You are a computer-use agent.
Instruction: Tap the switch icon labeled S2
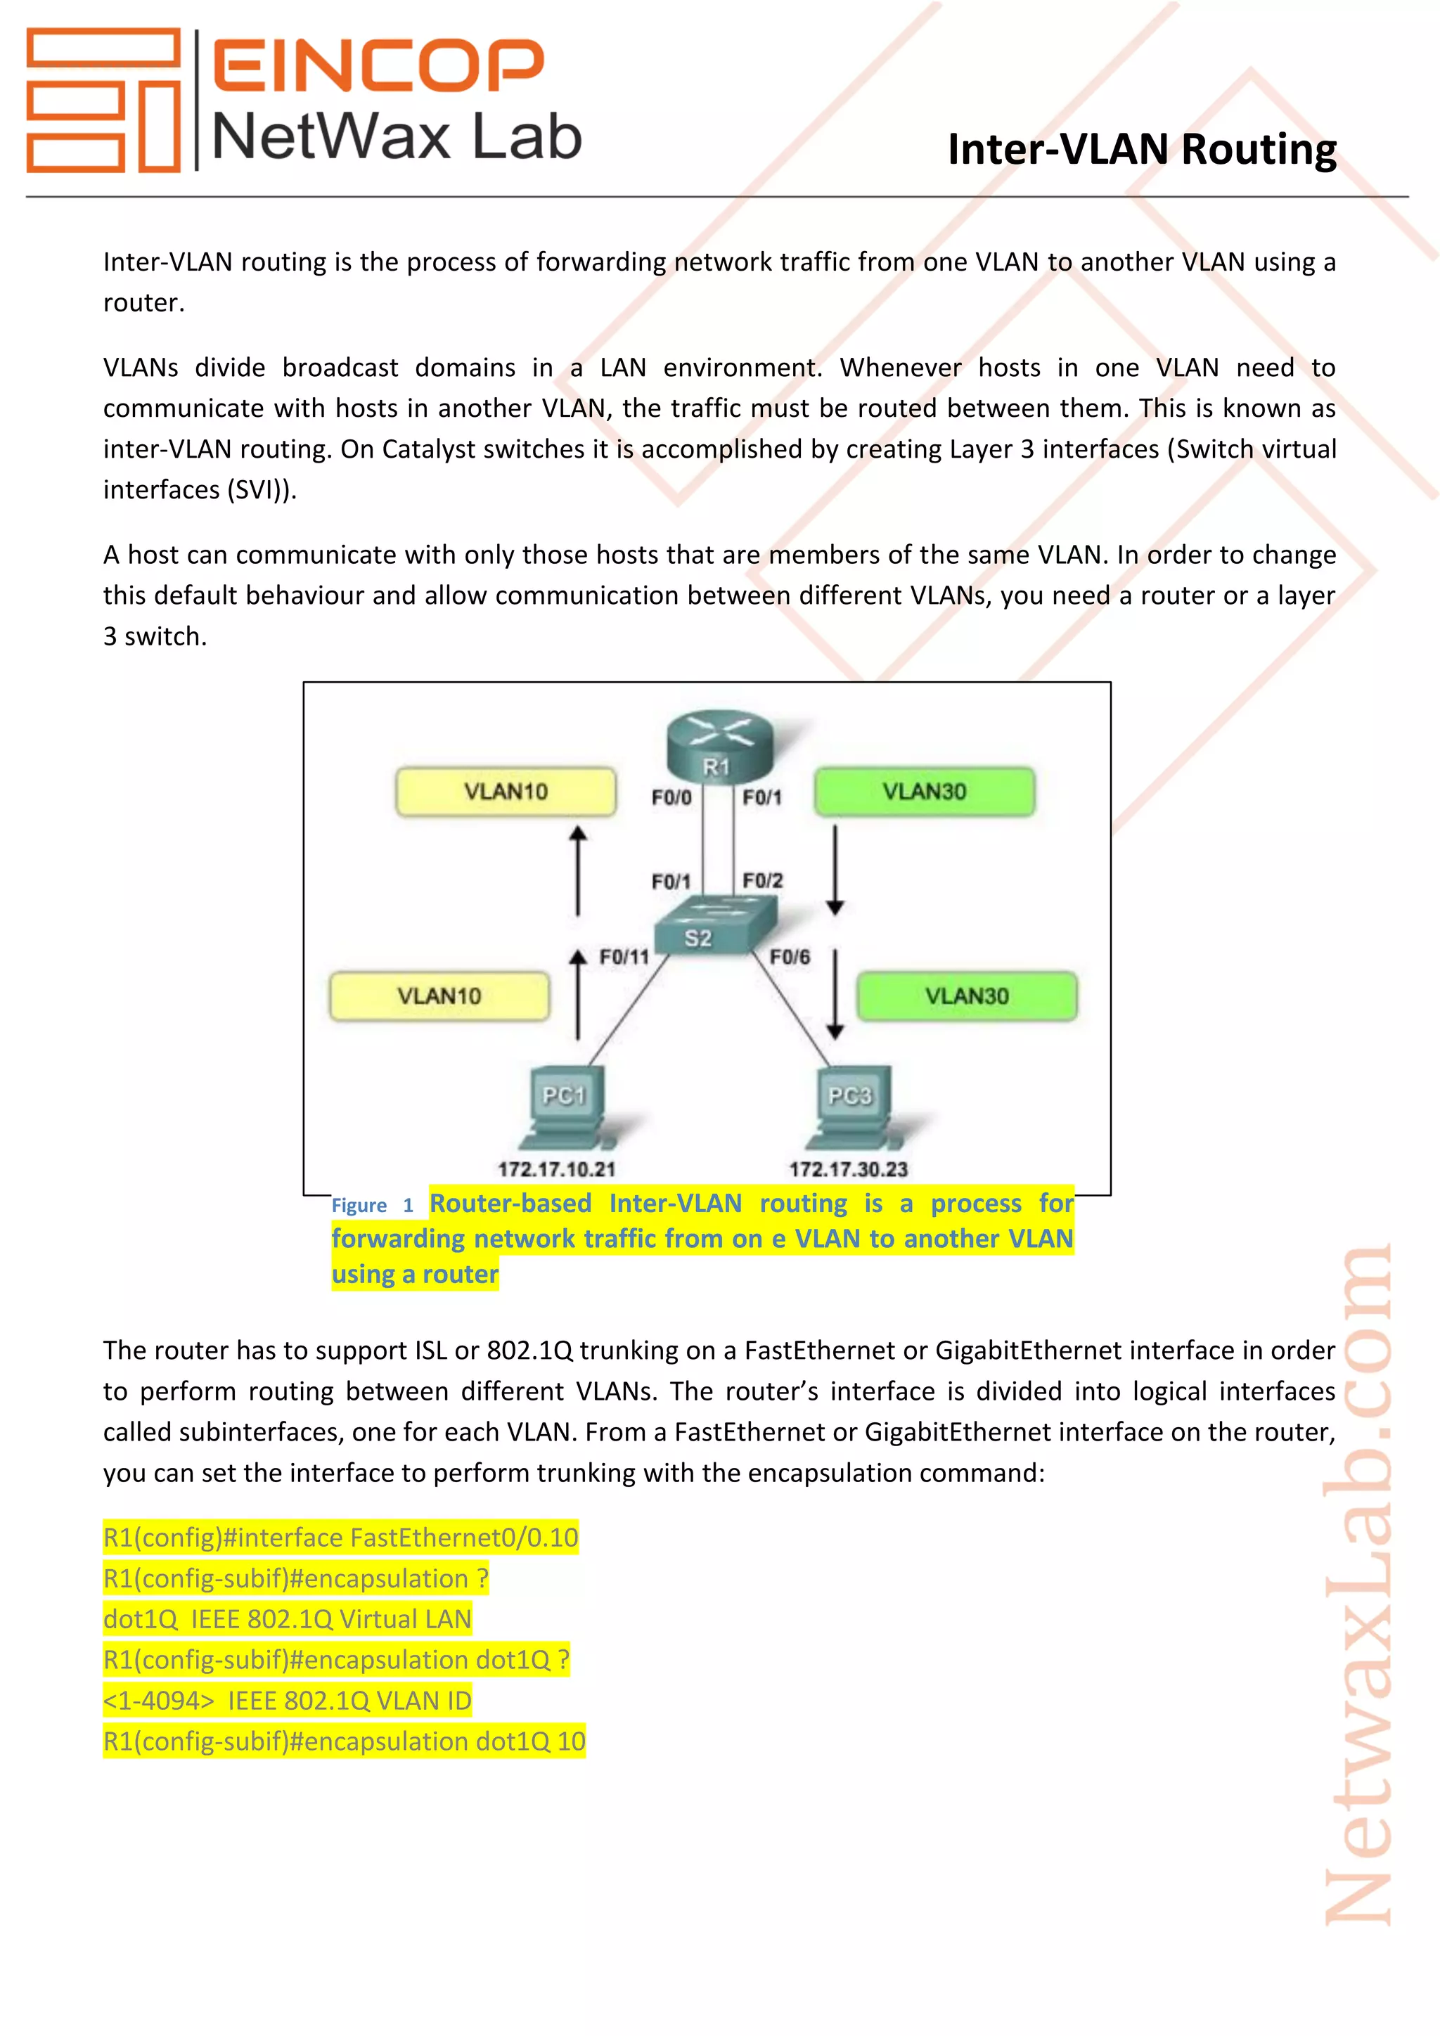pos(714,927)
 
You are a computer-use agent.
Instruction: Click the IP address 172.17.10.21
pos(557,1168)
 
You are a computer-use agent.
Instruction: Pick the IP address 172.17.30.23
pos(849,1168)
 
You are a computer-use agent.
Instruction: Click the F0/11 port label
pos(624,957)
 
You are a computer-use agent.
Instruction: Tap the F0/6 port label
pos(789,957)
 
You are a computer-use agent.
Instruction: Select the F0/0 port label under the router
pos(671,797)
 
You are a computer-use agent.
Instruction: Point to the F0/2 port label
pos(763,880)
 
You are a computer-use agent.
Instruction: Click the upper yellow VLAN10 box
pos(506,791)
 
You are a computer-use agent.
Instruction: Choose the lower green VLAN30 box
pos(967,996)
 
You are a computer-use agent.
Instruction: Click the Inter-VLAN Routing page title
pos(1141,149)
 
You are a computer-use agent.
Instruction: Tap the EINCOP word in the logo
pos(378,65)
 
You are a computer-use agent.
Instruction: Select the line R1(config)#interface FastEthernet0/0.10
pos(340,1537)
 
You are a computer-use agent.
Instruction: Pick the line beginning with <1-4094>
pos(288,1700)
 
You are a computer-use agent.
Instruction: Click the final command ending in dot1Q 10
pos(344,1741)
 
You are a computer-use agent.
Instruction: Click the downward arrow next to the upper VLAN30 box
pos(835,869)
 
